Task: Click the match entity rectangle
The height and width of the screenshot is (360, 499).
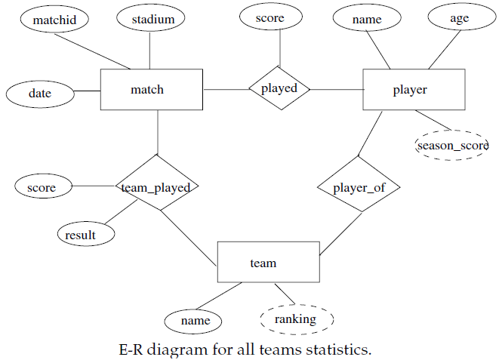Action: [151, 90]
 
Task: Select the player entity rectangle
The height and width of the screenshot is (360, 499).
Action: [409, 90]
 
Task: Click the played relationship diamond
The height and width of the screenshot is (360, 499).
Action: [279, 88]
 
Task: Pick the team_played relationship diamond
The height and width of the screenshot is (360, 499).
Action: [157, 186]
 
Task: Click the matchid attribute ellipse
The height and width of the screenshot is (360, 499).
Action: [54, 19]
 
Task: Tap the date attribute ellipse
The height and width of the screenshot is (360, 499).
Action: [40, 94]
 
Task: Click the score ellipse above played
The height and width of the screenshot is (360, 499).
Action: [270, 18]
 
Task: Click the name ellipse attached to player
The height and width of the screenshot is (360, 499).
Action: [366, 19]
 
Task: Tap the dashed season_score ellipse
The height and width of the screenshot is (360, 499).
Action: [452, 144]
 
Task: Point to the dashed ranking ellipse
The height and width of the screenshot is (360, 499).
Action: [294, 319]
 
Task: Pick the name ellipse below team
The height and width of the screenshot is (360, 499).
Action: [195, 321]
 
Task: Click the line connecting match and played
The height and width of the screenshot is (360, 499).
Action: [225, 89]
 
